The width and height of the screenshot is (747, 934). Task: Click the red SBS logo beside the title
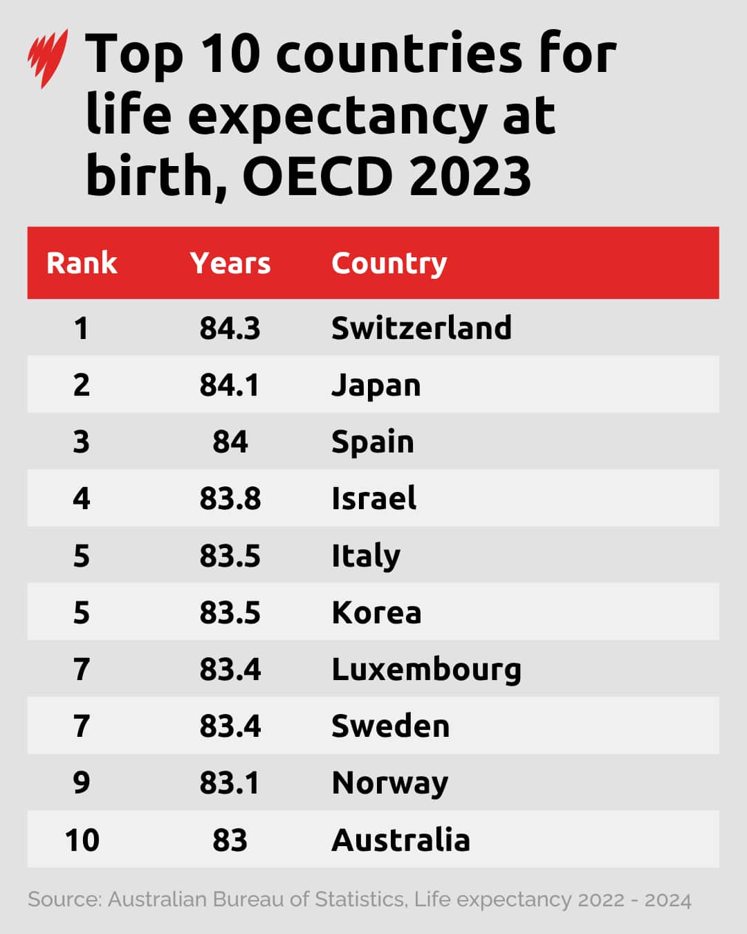48,58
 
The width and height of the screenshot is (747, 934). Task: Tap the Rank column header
82,263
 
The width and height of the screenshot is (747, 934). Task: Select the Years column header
230,263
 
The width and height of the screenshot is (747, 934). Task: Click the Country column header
389,264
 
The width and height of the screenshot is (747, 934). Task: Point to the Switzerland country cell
421,328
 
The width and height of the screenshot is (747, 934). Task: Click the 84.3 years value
230,328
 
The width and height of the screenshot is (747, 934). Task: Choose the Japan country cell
376,385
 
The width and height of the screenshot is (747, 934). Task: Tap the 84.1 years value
230,385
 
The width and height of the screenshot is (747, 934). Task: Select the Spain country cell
373,442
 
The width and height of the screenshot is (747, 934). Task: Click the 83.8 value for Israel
230,498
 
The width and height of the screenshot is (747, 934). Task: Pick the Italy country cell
366,556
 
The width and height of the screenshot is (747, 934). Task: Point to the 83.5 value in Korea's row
230,612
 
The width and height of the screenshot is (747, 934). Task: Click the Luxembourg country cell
426,670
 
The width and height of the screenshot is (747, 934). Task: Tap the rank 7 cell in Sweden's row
82,726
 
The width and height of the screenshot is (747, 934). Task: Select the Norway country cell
390,783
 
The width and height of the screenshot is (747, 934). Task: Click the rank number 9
82,782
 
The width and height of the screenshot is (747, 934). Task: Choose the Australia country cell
401,840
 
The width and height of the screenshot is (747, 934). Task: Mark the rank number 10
82,840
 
